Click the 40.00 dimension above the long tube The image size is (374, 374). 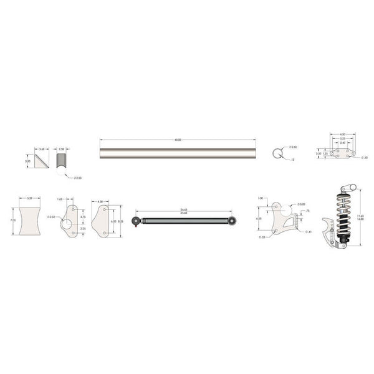[178, 140]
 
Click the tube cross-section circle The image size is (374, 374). [279, 154]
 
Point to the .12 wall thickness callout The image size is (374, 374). [292, 160]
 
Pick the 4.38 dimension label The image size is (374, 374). [101, 201]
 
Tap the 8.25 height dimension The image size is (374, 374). [120, 221]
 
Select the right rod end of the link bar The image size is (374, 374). [232, 220]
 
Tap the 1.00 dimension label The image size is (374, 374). [260, 198]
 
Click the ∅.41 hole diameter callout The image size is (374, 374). [307, 232]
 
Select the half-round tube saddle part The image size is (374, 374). [61, 161]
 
